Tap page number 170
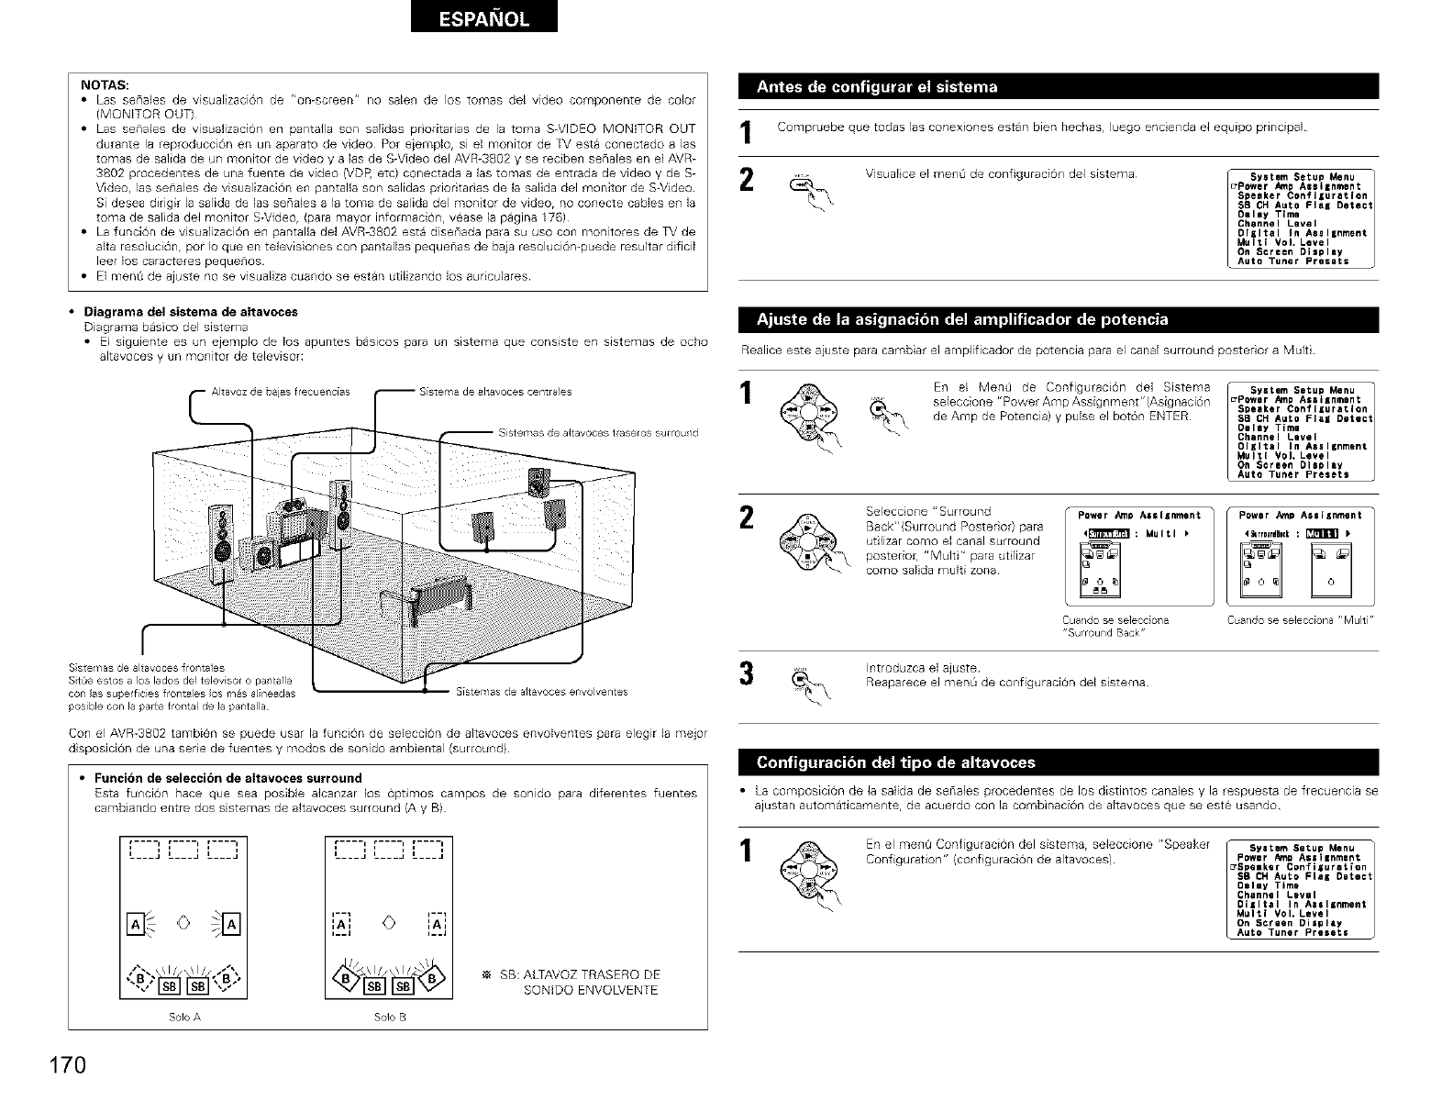(68, 1066)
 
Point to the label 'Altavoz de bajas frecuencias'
(281, 392)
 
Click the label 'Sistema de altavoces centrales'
(494, 392)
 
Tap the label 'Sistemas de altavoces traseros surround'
(599, 432)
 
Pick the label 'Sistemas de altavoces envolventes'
(541, 692)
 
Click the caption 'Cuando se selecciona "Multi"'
(1300, 620)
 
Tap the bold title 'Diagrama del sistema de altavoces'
(191, 311)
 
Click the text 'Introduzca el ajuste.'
(923, 667)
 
